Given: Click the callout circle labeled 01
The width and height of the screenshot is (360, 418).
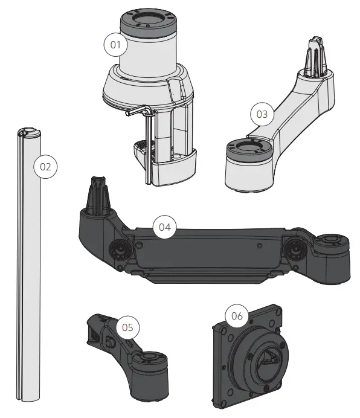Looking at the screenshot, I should (115, 44).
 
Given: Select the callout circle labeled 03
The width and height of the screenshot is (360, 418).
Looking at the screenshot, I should (262, 114).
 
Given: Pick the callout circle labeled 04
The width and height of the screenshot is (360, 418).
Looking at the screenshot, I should (164, 227).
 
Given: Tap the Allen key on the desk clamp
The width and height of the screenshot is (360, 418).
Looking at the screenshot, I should (147, 139).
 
